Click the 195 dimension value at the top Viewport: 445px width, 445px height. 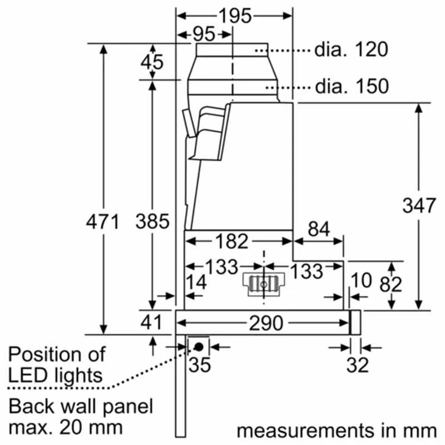click(x=234, y=16)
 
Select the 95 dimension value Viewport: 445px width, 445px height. click(x=204, y=34)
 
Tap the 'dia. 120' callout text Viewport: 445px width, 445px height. click(x=351, y=50)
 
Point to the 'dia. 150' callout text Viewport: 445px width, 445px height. click(x=351, y=86)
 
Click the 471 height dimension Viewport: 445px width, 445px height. click(x=103, y=222)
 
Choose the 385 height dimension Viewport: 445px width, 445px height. click(x=152, y=221)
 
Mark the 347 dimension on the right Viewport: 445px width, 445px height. click(x=419, y=205)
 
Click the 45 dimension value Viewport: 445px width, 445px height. click(x=152, y=62)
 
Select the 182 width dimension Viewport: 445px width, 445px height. click(x=231, y=241)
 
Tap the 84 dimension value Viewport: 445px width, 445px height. click(x=318, y=229)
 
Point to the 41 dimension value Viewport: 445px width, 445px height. click(x=151, y=322)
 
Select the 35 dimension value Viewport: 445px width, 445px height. click(x=200, y=365)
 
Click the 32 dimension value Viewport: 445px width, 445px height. click(x=358, y=365)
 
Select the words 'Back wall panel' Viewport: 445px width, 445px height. click(x=81, y=406)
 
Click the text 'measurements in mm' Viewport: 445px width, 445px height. click(x=336, y=430)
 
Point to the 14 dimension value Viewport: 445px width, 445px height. click(x=196, y=282)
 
